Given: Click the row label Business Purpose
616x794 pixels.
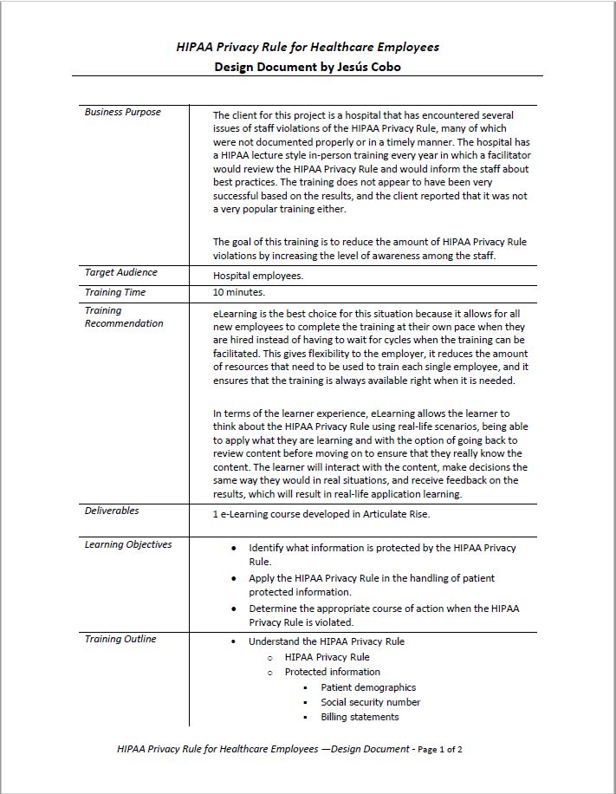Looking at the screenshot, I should [122, 112].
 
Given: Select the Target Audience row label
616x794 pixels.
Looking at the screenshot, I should [120, 272].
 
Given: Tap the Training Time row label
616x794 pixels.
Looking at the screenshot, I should [115, 292].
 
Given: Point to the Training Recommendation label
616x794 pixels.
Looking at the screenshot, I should [123, 316].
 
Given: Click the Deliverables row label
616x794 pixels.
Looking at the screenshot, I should [112, 511].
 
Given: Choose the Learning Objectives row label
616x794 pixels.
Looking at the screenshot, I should [128, 544].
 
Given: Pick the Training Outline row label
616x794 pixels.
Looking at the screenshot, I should [120, 639].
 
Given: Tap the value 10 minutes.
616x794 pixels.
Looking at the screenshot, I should [239, 293].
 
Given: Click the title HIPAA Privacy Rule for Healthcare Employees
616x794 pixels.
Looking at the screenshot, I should [308, 47].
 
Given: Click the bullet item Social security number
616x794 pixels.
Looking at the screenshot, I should [370, 702].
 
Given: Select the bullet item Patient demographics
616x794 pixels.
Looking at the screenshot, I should [367, 687].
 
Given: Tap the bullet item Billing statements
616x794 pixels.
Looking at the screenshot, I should [360, 717].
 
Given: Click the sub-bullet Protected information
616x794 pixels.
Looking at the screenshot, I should [332, 672].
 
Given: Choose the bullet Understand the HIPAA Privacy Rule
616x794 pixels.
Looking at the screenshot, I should [326, 641].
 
